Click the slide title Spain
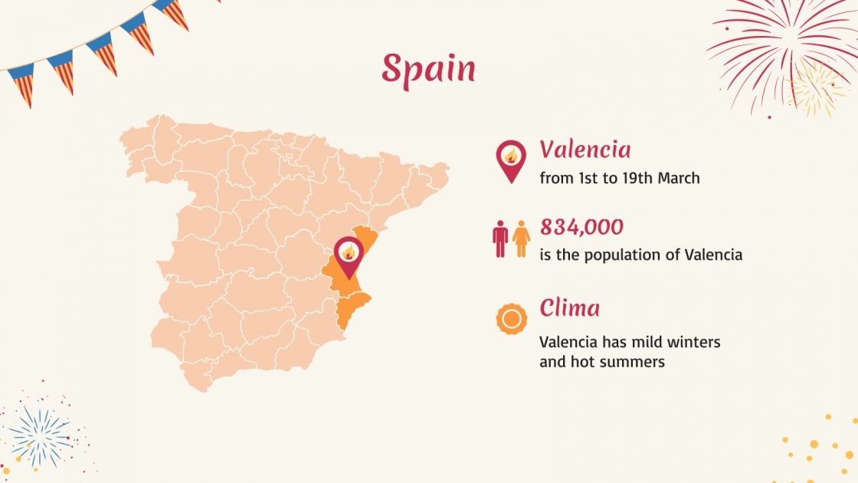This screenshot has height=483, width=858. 428,70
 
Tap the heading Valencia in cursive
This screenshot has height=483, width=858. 585,149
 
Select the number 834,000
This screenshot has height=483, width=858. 581,227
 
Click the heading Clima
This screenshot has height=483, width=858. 569,308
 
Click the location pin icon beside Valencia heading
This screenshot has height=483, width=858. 511,160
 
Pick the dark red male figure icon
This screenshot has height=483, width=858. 500,238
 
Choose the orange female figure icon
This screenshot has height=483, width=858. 522,238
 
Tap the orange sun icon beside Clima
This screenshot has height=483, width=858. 512,319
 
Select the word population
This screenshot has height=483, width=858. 622,255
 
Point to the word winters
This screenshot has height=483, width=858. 693,342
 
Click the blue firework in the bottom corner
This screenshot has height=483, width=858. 40,437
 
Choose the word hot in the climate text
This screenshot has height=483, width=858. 579,362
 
